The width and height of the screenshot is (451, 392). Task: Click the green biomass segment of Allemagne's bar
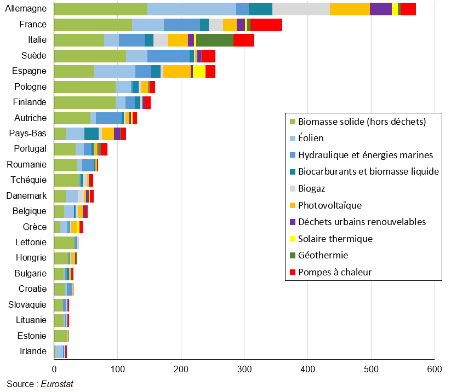coord(100,9)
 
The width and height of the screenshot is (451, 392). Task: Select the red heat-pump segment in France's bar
coord(266,25)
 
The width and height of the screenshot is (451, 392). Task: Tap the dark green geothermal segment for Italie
coord(214,40)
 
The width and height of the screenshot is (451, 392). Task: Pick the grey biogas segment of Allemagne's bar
coord(301,9)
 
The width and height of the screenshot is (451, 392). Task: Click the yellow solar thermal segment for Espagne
coord(199,71)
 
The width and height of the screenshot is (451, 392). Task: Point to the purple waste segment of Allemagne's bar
coord(381,9)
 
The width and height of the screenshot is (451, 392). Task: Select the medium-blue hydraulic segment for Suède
coord(168,56)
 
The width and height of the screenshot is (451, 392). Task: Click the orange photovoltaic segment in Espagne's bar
coord(176,71)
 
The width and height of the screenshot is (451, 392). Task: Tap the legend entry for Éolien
coord(311,139)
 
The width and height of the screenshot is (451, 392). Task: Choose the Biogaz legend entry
coord(311,188)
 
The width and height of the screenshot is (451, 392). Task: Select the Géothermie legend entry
coord(323,255)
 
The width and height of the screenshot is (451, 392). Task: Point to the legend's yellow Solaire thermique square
coord(292,239)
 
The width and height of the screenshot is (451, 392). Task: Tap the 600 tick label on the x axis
coord(435,370)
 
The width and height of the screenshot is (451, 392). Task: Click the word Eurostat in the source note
coord(57,384)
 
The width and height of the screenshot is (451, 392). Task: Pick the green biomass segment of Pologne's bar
coord(85,87)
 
